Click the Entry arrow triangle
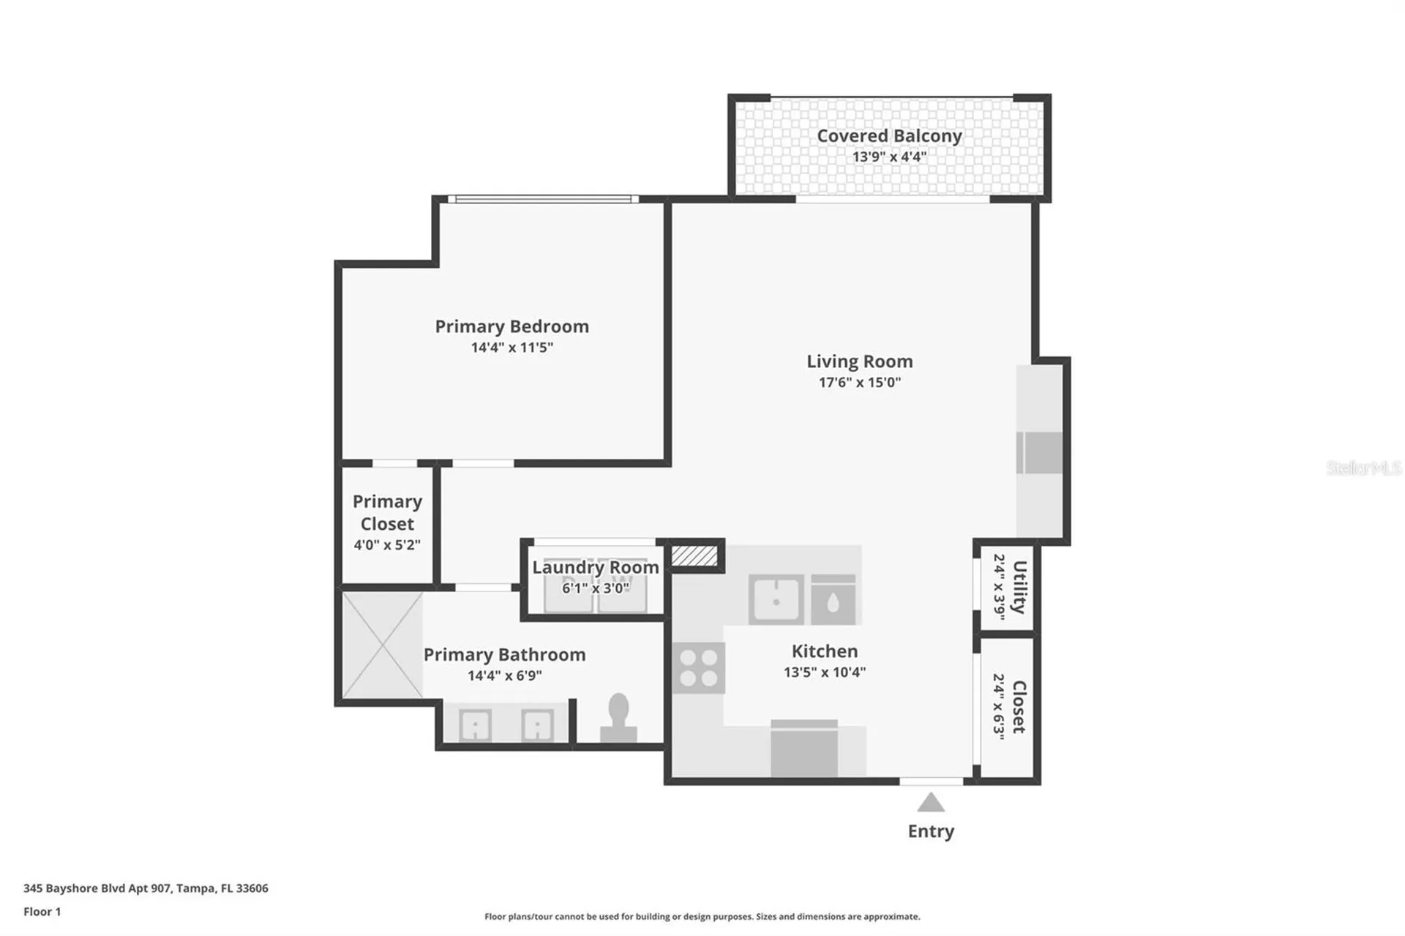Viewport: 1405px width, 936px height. click(931, 803)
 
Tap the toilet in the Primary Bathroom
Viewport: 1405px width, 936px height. click(618, 717)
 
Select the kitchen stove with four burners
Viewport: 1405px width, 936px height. click(699, 667)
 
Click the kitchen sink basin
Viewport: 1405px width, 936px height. click(776, 599)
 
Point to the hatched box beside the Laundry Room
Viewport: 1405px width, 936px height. click(694, 555)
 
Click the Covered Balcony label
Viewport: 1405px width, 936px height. click(889, 136)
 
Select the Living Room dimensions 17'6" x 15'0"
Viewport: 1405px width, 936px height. click(860, 382)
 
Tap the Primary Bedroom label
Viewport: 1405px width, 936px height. click(512, 326)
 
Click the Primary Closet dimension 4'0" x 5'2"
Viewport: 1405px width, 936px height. click(387, 544)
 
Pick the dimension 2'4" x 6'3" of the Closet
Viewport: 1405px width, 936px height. click(999, 707)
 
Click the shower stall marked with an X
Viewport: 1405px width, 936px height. click(382, 645)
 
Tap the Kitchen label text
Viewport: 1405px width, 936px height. click(825, 651)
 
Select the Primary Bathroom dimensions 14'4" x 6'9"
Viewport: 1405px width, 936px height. click(505, 675)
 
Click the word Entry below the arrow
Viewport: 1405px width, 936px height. click(931, 831)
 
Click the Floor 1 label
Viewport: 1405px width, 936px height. click(42, 912)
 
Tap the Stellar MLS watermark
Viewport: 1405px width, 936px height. click(1364, 468)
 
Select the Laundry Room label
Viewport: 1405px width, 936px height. click(596, 567)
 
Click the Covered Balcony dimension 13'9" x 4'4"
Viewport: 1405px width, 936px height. click(889, 157)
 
